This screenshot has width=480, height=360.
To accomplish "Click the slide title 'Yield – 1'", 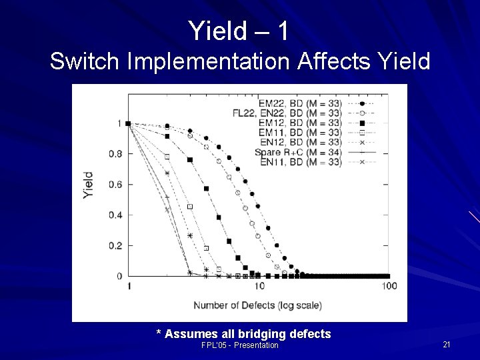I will click(x=239, y=31).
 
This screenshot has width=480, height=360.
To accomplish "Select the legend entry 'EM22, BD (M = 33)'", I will click(x=299, y=104).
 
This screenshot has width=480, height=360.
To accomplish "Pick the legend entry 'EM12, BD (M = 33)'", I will click(x=299, y=123).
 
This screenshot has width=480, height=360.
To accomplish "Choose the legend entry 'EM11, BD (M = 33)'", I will click(x=299, y=133).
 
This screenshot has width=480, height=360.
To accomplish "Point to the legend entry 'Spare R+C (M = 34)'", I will click(x=298, y=152).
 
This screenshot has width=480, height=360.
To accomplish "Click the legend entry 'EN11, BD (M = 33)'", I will click(x=299, y=161).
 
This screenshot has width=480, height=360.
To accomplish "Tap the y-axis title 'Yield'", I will click(x=88, y=185).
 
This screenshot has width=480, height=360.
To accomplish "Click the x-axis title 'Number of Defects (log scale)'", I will click(x=257, y=305).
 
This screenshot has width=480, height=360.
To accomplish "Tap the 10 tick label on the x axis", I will click(x=259, y=287).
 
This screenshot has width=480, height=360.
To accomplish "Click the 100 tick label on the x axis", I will click(x=389, y=287).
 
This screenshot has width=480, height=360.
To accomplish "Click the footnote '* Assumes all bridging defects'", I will click(x=243, y=333).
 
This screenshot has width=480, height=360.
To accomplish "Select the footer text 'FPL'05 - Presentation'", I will click(x=240, y=345).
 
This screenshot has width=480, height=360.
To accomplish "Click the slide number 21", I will click(x=446, y=344).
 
